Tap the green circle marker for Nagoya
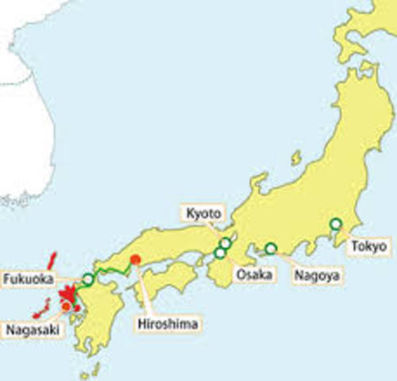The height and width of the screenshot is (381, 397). [271, 248]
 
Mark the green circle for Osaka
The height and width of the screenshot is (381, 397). [219, 253]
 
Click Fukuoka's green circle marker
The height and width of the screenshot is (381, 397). [88, 279]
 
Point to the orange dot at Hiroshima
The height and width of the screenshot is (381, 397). [136, 259]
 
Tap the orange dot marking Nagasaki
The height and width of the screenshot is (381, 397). [65, 306]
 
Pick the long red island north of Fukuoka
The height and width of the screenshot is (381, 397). [52, 262]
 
